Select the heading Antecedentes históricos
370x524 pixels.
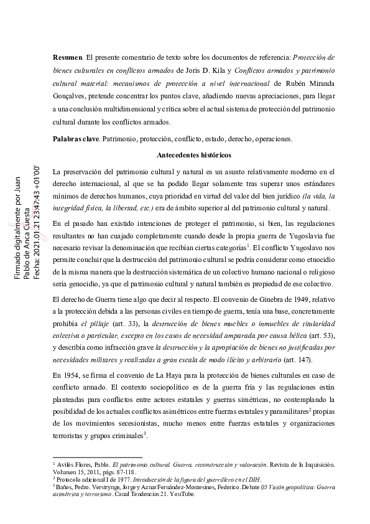(x=194, y=154)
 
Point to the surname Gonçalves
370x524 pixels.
(x=73, y=96)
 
